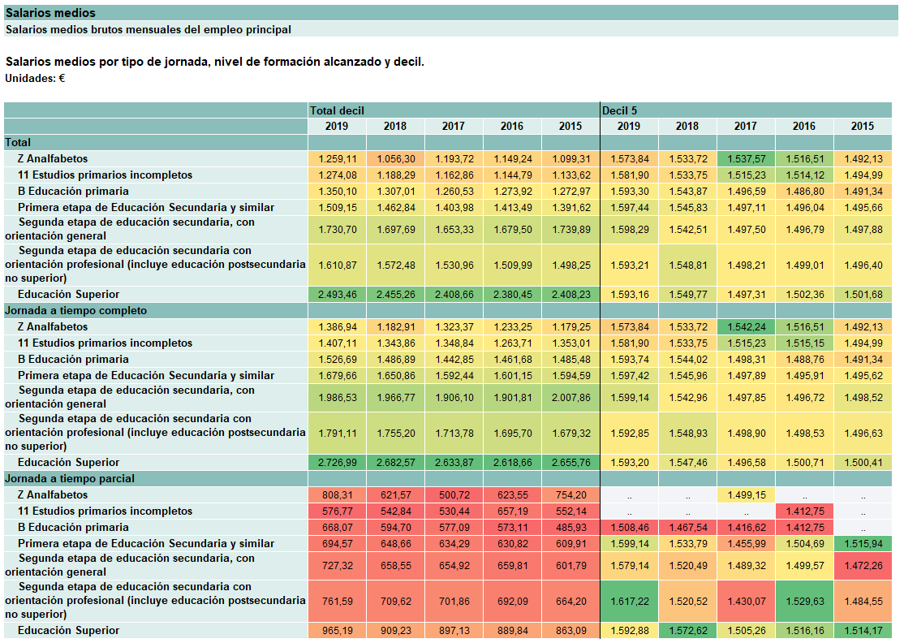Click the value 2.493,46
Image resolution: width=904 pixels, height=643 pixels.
pyautogui.click(x=338, y=294)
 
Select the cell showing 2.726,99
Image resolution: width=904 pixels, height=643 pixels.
pyautogui.click(x=338, y=463)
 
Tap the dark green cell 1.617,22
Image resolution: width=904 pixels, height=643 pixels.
pyautogui.click(x=630, y=601)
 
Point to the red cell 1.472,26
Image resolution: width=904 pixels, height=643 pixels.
pyautogui.click(x=863, y=566)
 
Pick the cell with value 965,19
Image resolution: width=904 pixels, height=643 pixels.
pyautogui.click(x=338, y=630)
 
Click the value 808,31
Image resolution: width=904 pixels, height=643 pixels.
pyautogui.click(x=338, y=494)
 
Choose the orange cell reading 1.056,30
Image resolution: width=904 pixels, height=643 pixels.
pyautogui.click(x=395, y=158)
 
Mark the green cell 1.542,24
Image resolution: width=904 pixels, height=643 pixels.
pyautogui.click(x=746, y=327)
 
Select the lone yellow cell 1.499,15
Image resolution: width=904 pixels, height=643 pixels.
pyautogui.click(x=746, y=494)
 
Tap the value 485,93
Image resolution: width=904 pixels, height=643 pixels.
pyautogui.click(x=570, y=527)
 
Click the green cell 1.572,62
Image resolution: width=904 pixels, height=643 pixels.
pyautogui.click(x=688, y=630)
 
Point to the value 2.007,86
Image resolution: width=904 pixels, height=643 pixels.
pyautogui.click(x=570, y=398)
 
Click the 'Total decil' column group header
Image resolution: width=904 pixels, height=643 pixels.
pyautogui.click(x=338, y=110)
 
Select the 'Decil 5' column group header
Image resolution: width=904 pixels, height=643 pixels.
pyautogui.click(x=620, y=110)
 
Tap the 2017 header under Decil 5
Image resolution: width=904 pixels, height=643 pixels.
pyautogui.click(x=746, y=127)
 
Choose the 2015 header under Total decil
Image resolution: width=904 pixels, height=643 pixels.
pyautogui.click(x=570, y=127)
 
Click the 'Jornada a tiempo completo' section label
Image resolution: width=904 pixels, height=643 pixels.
pyautogui.click(x=76, y=311)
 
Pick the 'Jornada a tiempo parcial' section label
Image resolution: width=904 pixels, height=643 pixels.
pyautogui.click(x=70, y=479)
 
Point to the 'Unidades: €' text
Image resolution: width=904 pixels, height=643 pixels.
pyautogui.click(x=35, y=79)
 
